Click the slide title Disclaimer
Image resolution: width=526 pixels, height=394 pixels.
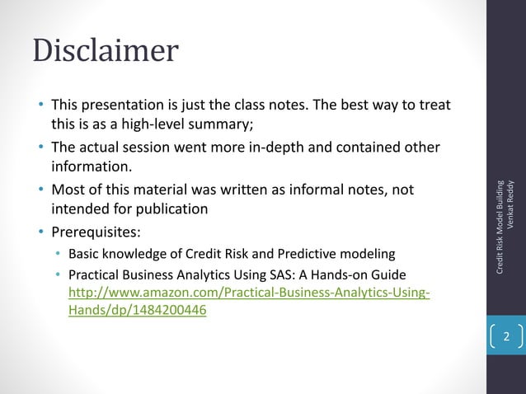point(105,51)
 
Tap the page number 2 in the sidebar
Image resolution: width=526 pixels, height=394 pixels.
point(506,337)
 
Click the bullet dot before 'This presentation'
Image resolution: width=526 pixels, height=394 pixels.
point(40,106)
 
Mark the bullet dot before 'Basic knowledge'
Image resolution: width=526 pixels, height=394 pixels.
point(58,252)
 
